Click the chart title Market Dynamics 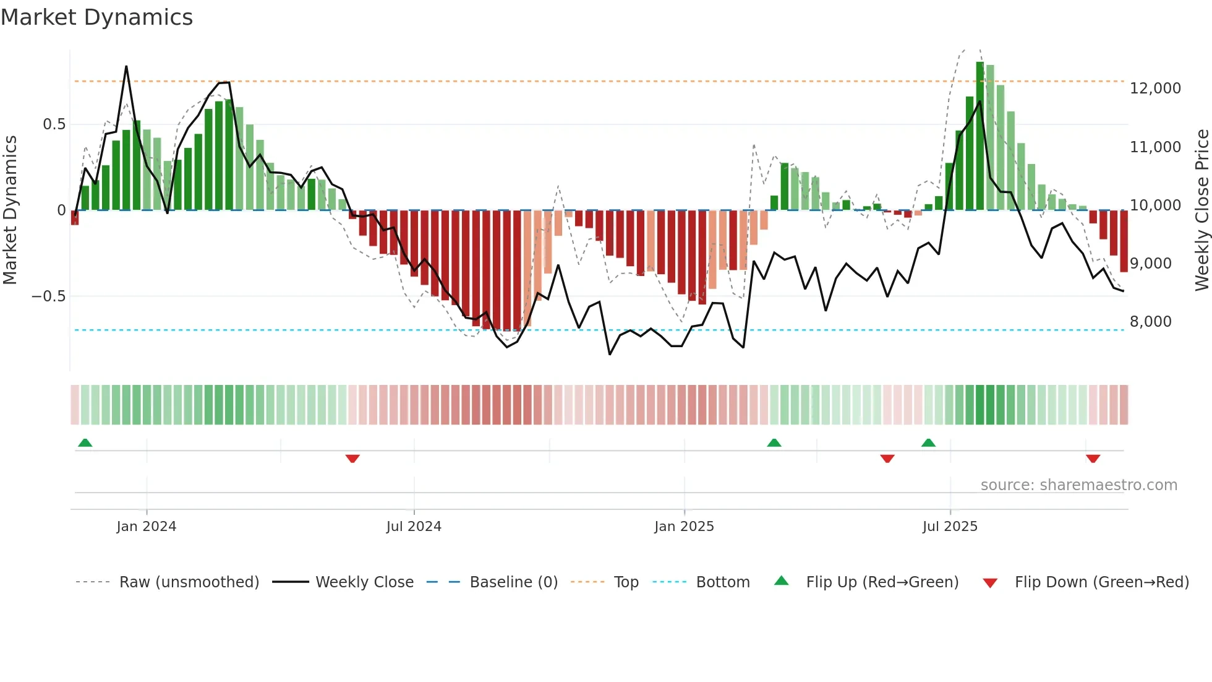tap(96, 17)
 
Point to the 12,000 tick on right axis tap(1155, 88)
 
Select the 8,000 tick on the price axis tap(1150, 322)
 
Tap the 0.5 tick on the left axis tap(54, 124)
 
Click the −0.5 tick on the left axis tap(49, 296)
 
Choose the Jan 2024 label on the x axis tap(147, 527)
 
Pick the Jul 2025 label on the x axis tap(950, 527)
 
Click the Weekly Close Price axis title tap(1201, 210)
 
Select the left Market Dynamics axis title tap(10, 210)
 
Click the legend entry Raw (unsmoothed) tap(189, 582)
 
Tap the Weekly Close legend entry tap(364, 582)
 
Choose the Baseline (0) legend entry tap(513, 582)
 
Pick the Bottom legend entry tap(722, 582)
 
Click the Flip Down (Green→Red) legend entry tap(1101, 582)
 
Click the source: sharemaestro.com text tap(1078, 485)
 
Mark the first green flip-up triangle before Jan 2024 tap(85, 442)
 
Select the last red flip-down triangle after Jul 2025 tap(1093, 459)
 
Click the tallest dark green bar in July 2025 tap(980, 136)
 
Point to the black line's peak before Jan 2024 tap(126, 66)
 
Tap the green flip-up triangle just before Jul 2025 tap(928, 442)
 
